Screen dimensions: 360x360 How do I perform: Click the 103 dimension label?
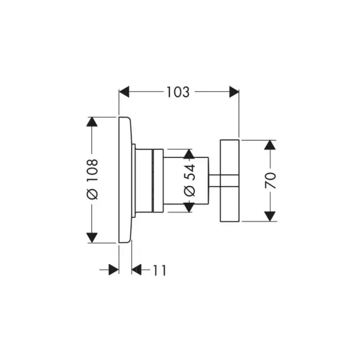[x=178, y=93]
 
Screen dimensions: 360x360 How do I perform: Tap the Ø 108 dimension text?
[x=92, y=179]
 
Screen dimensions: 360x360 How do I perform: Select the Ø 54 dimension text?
[x=189, y=180]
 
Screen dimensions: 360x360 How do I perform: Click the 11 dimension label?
[x=159, y=269]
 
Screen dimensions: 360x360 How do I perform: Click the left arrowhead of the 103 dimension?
[x=124, y=93]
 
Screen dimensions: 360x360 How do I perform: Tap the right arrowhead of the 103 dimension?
[x=235, y=93]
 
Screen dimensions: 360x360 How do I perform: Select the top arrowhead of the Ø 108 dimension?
[x=92, y=122]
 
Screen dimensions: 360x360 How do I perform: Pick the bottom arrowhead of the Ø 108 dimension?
[x=92, y=238]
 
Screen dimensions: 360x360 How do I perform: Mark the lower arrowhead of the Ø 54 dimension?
[x=189, y=207]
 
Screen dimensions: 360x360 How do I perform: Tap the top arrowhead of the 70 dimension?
[x=269, y=144]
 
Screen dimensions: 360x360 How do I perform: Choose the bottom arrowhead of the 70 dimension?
[x=269, y=217]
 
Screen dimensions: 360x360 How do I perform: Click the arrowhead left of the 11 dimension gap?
[x=114, y=269]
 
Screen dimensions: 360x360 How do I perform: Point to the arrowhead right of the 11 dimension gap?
[x=137, y=269]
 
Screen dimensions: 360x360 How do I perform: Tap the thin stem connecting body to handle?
[x=214, y=180]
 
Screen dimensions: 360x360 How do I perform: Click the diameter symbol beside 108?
[x=92, y=195]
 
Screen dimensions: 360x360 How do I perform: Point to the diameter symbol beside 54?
[x=189, y=191]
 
